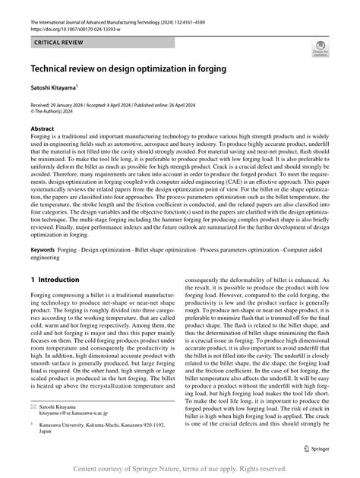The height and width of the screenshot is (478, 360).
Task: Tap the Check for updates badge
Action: pyautogui.click(x=320, y=50)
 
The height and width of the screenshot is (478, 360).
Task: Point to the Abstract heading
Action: pyautogui.click(x=43, y=128)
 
